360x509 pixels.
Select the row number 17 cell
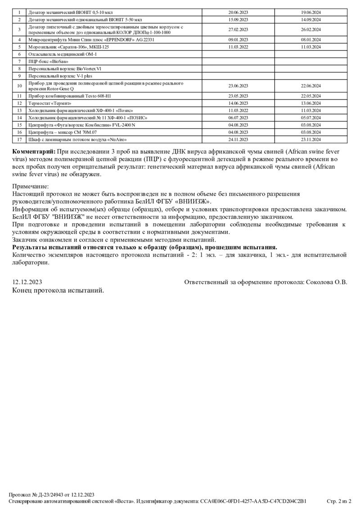pyautogui.click(x=19, y=140)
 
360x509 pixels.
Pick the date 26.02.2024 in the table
pyautogui.click(x=310, y=30)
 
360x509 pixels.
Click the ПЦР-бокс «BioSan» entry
pyautogui.click(x=45, y=61)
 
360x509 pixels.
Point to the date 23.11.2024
pyautogui.click(x=310, y=140)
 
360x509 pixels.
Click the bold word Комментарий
pyautogui.click(x=34, y=152)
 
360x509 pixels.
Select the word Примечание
pyautogui.click(x=31, y=186)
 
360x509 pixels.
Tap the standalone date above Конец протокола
pyautogui.click(x=27, y=282)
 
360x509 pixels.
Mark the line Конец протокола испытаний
pyautogui.click(x=58, y=290)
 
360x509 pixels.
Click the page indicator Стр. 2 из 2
pyautogui.click(x=339, y=501)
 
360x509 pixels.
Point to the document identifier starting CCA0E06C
pyautogui.click(x=253, y=501)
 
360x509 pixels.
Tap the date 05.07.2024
pyautogui.click(x=310, y=117)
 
